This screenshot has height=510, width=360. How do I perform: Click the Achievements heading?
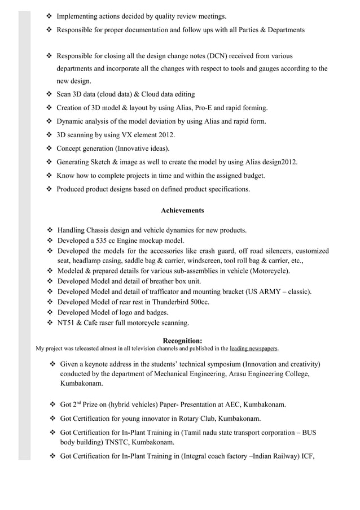pos(182,211)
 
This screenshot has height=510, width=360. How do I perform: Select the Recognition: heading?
pos(182,341)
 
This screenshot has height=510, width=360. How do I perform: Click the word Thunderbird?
pos(171,302)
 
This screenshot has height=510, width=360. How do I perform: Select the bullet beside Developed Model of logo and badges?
pos(49,312)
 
